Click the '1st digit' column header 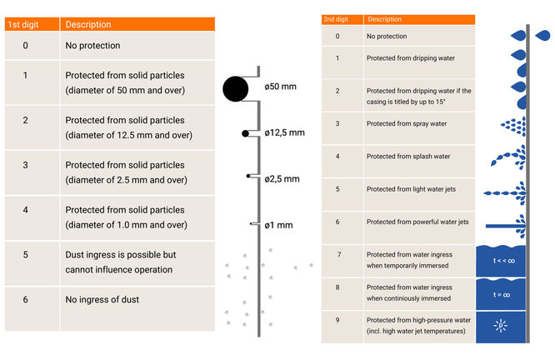click(26, 24)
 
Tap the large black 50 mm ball click(236, 87)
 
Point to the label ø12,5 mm click(285, 132)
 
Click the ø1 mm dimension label click(279, 225)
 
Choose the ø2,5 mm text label click(282, 178)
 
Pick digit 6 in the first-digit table click(26, 299)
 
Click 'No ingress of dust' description click(102, 299)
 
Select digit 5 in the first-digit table click(26, 254)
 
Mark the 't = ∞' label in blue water click(502, 294)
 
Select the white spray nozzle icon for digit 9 click(501, 326)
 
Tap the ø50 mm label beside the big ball click(280, 87)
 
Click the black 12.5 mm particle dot click(245, 133)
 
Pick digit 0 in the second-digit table click(337, 37)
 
